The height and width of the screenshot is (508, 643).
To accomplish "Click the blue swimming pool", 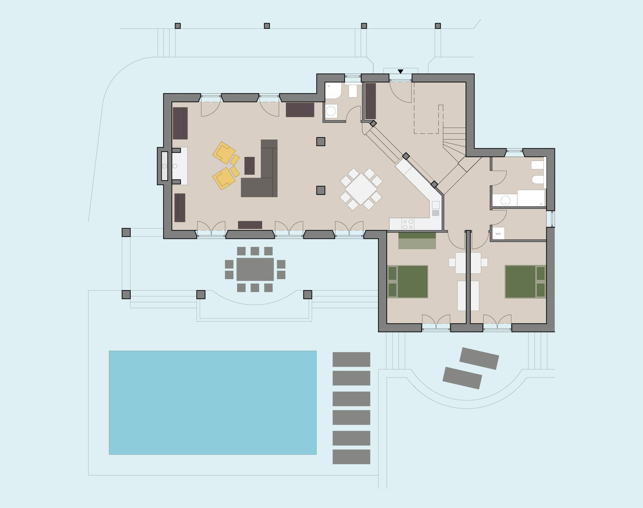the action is pyautogui.click(x=213, y=403).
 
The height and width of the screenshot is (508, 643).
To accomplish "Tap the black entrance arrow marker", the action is pyautogui.click(x=400, y=72).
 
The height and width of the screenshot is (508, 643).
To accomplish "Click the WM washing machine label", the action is pyautogui.click(x=498, y=234).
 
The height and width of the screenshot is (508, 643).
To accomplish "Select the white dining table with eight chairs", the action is pyautogui.click(x=361, y=189).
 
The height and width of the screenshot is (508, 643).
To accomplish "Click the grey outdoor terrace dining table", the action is pyautogui.click(x=255, y=269).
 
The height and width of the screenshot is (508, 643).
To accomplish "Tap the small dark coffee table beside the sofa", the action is pyautogui.click(x=249, y=166).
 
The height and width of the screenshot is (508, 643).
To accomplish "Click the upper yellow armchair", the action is pyautogui.click(x=224, y=152).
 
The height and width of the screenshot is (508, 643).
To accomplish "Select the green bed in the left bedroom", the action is pyautogui.click(x=408, y=282).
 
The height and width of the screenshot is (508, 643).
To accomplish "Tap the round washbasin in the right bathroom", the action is pyautogui.click(x=505, y=201).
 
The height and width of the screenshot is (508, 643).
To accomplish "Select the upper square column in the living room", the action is pyautogui.click(x=321, y=142).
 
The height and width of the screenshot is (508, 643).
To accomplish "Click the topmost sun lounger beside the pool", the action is pyautogui.click(x=351, y=359).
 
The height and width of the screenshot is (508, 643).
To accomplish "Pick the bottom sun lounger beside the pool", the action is pyautogui.click(x=351, y=457).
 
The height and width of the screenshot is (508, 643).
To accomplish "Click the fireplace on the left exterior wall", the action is pyautogui.click(x=164, y=166).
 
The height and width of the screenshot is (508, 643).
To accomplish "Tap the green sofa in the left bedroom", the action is pyautogui.click(x=417, y=241).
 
